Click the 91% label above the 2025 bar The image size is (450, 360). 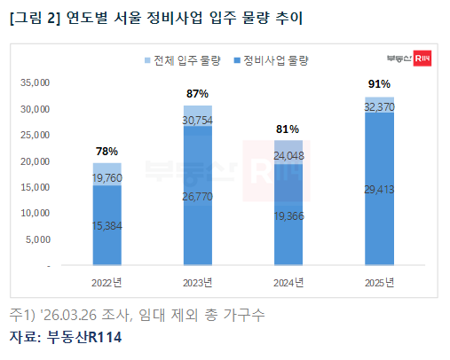pos(379,84)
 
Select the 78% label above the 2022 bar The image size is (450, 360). pos(107,151)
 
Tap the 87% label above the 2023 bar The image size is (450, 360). pos(197,93)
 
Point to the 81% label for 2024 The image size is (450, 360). pos(288,129)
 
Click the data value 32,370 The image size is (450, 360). pos(379,105)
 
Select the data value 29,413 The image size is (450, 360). pos(379,188)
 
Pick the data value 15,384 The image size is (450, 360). pos(107,225)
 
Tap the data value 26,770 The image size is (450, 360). pos(197,195)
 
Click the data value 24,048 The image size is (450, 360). pos(288,156)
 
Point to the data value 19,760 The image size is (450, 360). pos(107,177)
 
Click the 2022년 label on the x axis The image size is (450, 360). pos(107,283)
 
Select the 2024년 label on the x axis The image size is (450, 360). pos(288,283)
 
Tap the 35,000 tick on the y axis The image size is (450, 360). pos(36,83)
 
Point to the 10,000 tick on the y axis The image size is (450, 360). pos(36,214)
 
